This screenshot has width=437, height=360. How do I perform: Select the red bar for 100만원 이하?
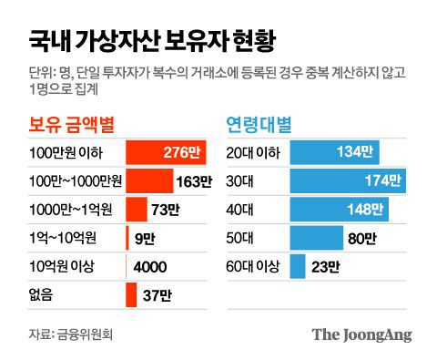(168, 150)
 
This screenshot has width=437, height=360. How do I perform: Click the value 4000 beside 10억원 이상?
(149, 267)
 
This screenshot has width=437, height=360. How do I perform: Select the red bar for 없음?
(131, 295)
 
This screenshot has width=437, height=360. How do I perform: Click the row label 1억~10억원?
(63, 238)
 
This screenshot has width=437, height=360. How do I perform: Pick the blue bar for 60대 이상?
(297, 267)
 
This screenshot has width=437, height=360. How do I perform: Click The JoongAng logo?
(361, 334)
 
